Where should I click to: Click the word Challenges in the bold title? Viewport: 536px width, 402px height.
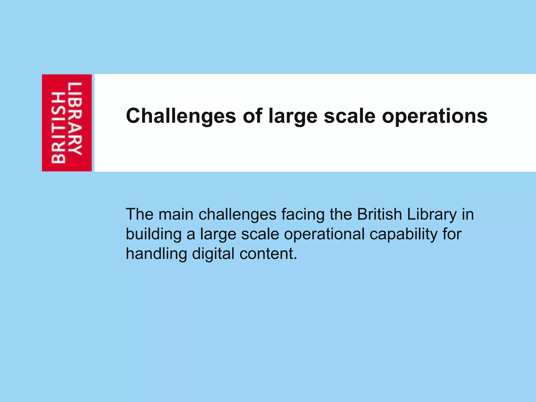point(181,116)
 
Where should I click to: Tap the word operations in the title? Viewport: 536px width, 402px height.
point(435,116)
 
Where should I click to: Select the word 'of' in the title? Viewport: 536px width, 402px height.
point(252,116)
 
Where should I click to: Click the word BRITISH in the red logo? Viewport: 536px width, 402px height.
point(58,128)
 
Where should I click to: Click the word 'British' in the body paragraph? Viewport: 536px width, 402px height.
point(379,214)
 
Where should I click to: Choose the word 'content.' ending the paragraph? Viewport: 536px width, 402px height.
point(268,253)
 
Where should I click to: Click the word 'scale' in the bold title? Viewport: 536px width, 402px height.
point(350,116)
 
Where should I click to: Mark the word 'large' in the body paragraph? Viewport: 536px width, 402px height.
point(218,234)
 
